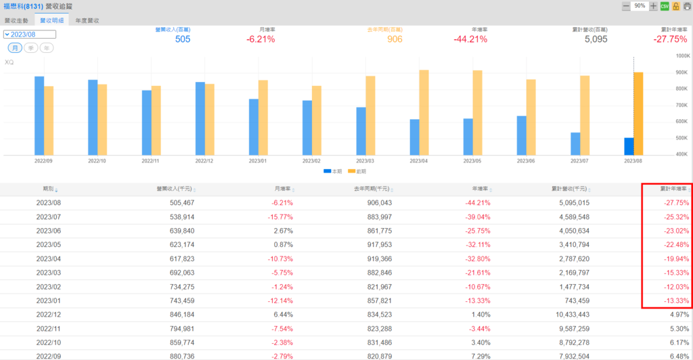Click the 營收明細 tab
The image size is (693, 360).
pos(51,21)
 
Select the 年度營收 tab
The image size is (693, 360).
pos(87,21)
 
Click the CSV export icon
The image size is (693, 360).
pos(665,6)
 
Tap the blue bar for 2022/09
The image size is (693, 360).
pos(39,116)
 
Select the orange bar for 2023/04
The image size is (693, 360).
pos(424,112)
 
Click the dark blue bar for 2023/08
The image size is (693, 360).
pos(629,146)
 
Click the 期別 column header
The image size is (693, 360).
pos(49,190)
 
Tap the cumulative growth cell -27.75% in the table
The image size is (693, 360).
pos(676,203)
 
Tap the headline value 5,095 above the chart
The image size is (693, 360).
pos(596,39)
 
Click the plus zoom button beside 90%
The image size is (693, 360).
pos(653,6)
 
